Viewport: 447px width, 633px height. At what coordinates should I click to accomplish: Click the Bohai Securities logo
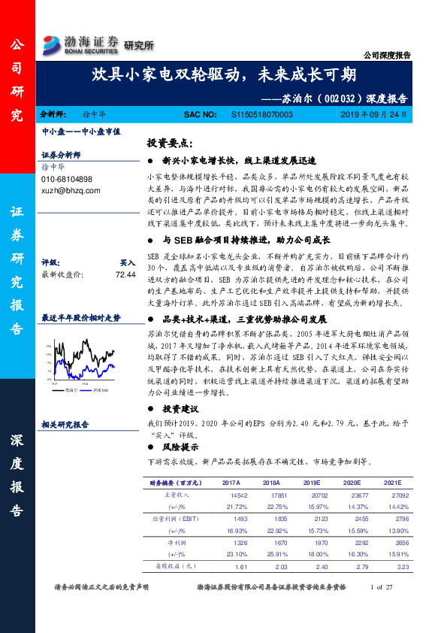click(81, 44)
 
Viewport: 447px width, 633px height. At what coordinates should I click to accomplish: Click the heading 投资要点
click(170, 144)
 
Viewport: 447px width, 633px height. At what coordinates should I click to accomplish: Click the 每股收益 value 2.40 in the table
click(321, 565)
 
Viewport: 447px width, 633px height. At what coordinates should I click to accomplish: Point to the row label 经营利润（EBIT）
click(177, 519)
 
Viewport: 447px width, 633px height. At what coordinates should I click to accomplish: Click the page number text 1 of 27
click(382, 586)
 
